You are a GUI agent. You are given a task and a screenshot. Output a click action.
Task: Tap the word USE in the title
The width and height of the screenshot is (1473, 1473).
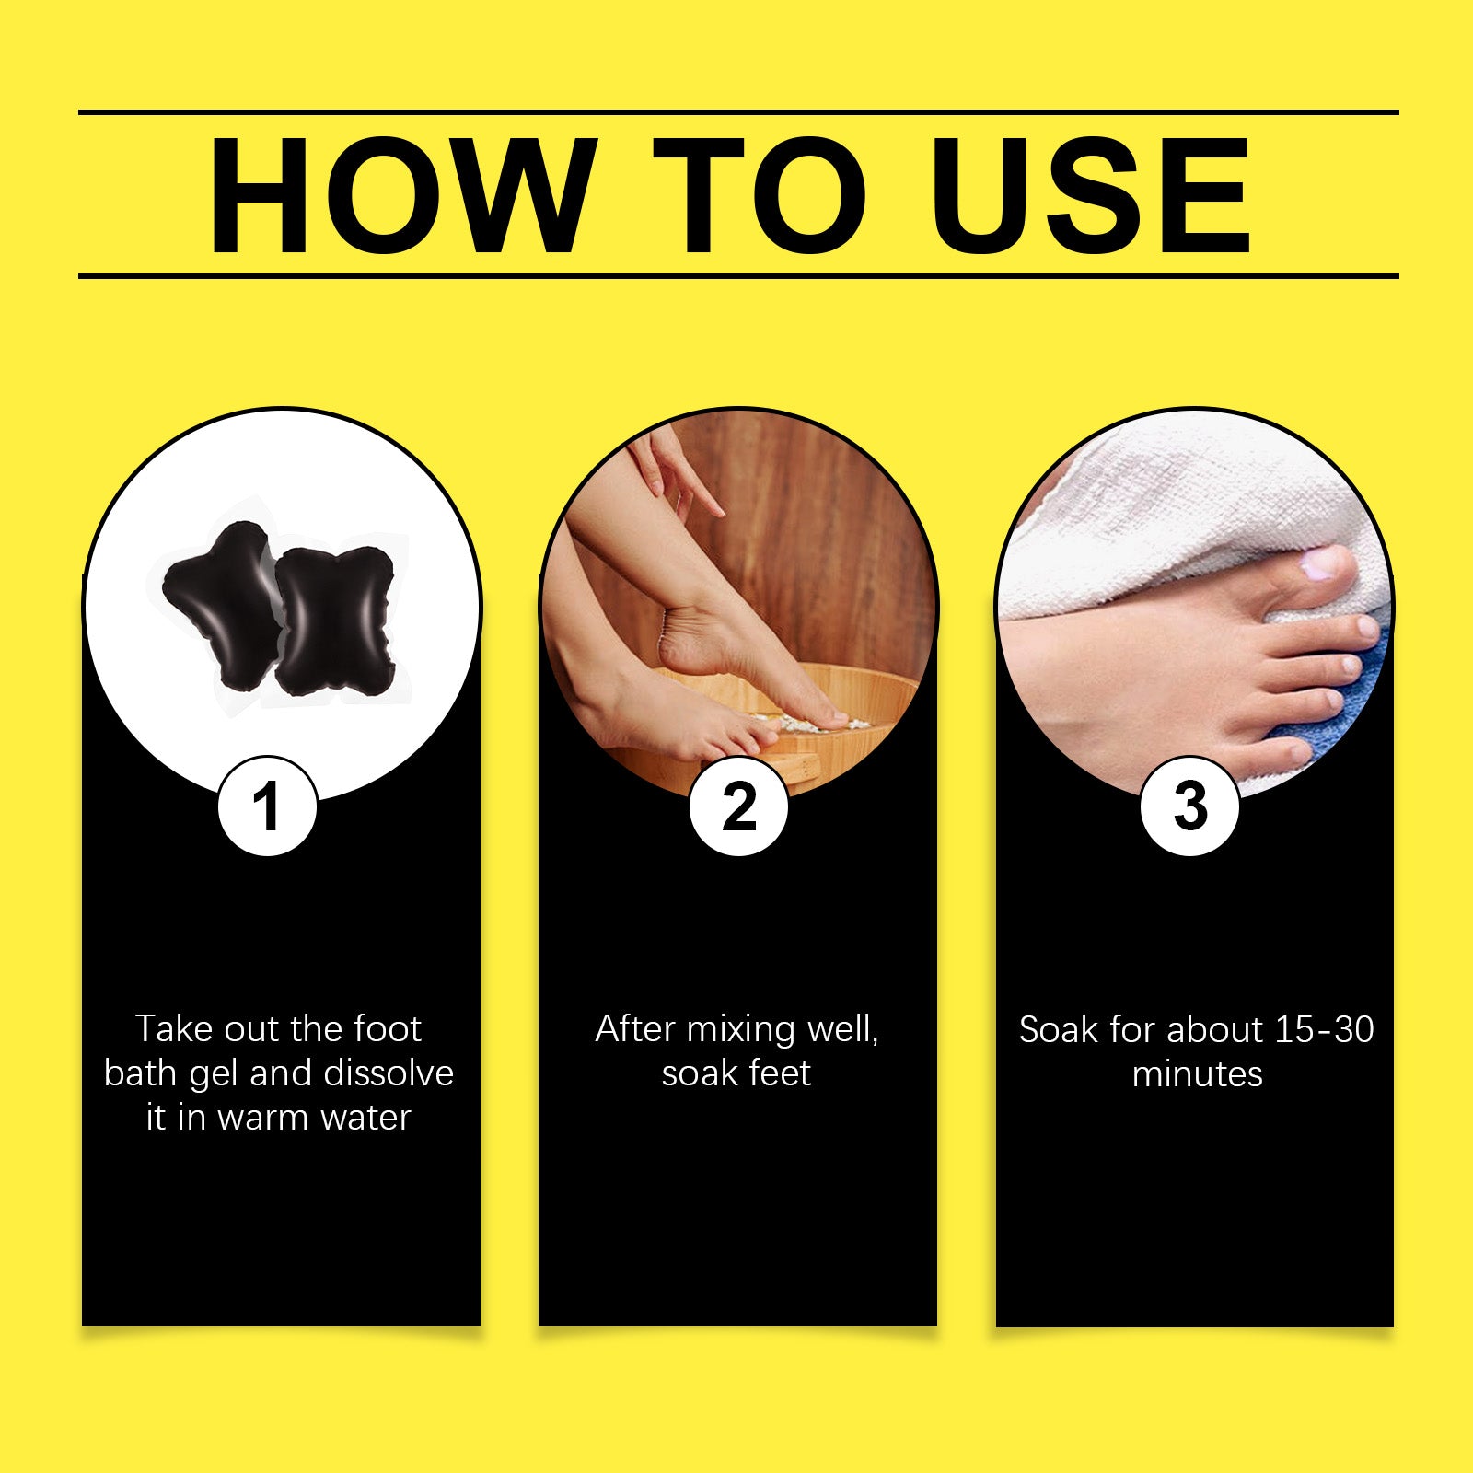(x=1095, y=195)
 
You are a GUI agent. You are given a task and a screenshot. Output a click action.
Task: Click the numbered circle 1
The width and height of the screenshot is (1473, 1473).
(x=268, y=806)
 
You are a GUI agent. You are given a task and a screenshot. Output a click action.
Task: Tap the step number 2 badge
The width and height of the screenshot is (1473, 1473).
(x=738, y=806)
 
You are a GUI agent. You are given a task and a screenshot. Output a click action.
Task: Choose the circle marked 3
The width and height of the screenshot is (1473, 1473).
(x=1189, y=806)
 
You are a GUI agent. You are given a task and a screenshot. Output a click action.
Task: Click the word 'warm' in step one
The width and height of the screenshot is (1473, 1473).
(x=263, y=1118)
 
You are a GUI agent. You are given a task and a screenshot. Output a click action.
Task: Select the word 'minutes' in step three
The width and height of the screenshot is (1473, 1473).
(x=1198, y=1074)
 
